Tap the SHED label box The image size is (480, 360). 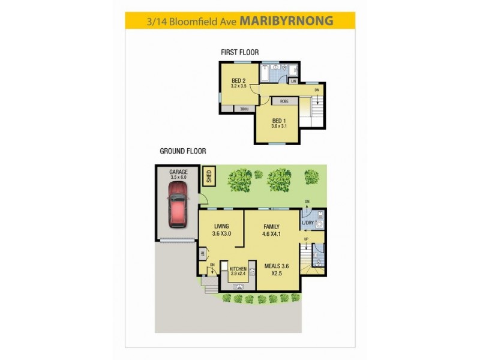209,176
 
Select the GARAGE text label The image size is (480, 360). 178,172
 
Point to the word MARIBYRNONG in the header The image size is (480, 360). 286,21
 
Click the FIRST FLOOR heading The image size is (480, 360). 240,53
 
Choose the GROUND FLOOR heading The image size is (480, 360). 183,152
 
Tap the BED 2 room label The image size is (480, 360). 239,81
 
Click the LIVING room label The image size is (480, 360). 222,226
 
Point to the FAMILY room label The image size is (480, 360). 272,226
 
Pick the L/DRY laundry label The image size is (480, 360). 308,224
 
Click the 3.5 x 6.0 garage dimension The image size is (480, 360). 178,178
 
